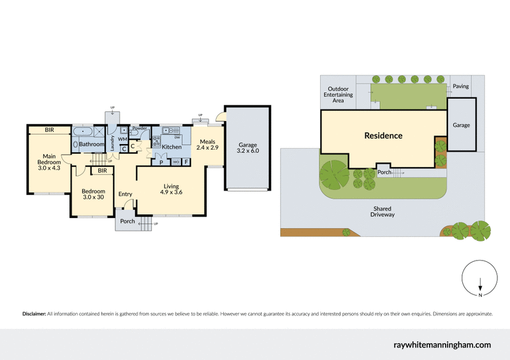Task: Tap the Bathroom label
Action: click(92, 145)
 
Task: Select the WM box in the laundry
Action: click(123, 139)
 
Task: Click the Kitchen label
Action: click(171, 147)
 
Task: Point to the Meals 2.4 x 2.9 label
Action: click(207, 145)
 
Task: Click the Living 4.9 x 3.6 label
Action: click(171, 189)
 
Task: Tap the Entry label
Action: click(125, 194)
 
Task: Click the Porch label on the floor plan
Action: click(127, 222)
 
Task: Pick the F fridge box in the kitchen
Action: click(186, 162)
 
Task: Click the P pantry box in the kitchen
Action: click(161, 162)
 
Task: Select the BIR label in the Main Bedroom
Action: click(49, 130)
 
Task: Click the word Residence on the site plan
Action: click(383, 136)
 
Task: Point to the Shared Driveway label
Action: click(382, 212)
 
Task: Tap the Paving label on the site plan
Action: click(460, 86)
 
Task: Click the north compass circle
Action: click(479, 279)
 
